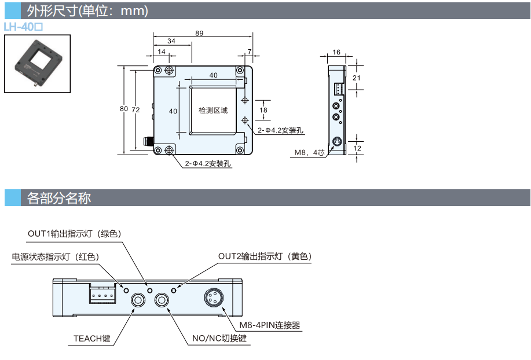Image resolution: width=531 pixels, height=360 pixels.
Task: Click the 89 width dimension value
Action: pos(199,34)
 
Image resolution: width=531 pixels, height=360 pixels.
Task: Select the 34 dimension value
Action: pos(171,42)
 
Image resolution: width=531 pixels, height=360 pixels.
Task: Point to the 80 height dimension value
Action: pos(124,109)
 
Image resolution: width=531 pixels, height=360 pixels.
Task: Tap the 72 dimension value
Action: pos(136,109)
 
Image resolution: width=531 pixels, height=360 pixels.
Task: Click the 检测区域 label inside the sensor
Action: pos(213,110)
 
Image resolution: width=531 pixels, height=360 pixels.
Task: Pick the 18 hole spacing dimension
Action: pos(263,109)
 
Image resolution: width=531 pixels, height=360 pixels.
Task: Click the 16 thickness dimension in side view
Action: pos(337,53)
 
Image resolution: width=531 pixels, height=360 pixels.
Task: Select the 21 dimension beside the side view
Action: pos(357,78)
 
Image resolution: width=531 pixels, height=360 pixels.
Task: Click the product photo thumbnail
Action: pos(37,63)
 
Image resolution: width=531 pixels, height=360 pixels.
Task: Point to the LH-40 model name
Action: pos(24,27)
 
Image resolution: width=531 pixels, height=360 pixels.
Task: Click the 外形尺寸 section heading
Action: pos(87,11)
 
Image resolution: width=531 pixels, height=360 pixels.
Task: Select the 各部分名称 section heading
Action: pos(59,198)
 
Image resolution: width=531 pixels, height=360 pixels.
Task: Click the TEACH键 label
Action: pos(91,339)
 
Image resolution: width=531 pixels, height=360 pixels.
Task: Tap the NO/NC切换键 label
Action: pos(219,339)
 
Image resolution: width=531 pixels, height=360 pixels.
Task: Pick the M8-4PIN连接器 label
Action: pos(270,325)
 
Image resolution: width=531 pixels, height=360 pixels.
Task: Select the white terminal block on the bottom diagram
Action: pos(102,296)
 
